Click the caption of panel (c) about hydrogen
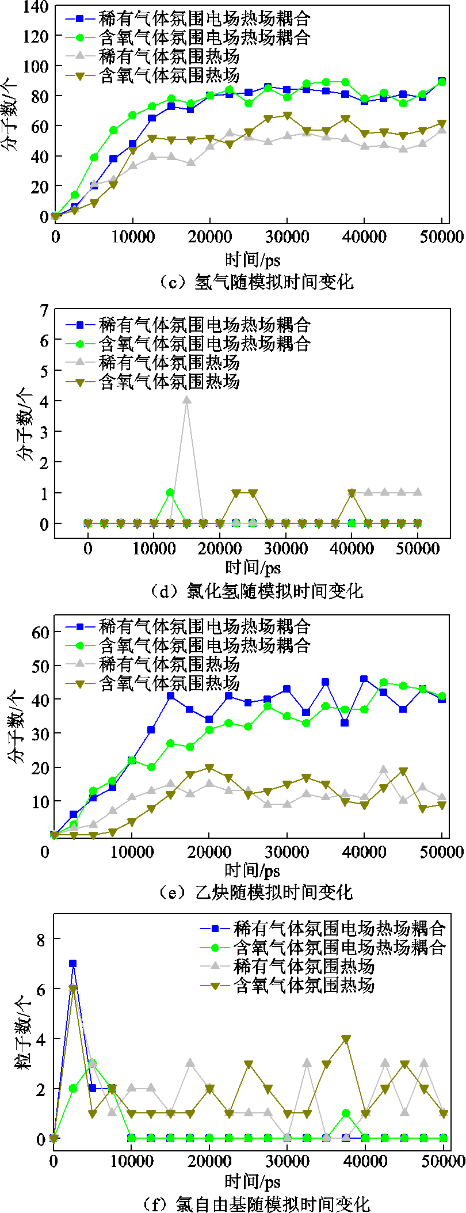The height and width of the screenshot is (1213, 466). coord(256,282)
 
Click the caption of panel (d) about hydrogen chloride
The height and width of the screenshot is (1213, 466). coord(256,590)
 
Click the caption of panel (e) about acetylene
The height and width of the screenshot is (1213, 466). coord(256,892)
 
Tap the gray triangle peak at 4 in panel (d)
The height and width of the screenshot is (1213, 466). coord(186,400)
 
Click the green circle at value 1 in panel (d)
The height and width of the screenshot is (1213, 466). coord(170,493)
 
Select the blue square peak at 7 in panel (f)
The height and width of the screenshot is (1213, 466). coord(73,964)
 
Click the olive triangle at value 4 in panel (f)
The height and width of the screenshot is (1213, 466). coord(346,1039)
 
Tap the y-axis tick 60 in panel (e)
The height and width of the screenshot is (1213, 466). coord(40,632)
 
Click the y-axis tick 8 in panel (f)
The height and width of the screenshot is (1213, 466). coord(41,939)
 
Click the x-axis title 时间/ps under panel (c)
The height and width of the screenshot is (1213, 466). coord(253,260)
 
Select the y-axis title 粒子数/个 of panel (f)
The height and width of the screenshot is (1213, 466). coord(24,1039)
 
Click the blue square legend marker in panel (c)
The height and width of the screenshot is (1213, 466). coord(81,18)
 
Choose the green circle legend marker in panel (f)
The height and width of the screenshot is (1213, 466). coord(216,947)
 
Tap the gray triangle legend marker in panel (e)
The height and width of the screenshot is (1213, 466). coord(81,664)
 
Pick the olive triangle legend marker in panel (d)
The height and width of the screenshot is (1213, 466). coord(81,382)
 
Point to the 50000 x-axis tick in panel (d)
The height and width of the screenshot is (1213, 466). coord(418,548)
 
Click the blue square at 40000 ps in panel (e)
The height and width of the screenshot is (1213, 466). coord(364,679)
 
